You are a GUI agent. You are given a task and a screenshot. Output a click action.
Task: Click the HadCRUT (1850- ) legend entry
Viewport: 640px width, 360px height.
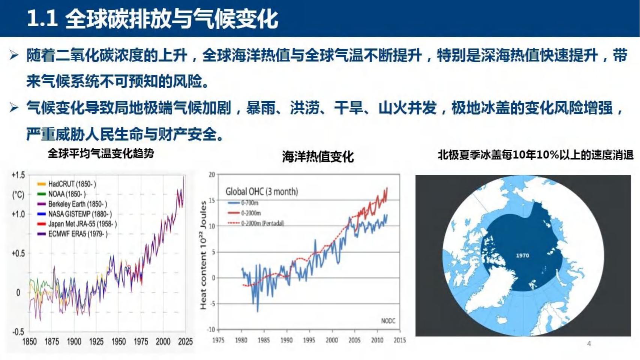pos(67,184)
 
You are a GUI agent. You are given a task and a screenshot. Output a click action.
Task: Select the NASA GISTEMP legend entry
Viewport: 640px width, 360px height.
pos(75,214)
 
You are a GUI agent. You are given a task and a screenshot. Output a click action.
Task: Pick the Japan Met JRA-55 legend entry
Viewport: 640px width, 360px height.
pos(77,224)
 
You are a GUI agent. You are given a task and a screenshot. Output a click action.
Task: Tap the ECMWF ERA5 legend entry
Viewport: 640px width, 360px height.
pos(73,234)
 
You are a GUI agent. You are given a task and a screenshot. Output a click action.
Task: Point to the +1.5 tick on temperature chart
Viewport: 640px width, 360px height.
pos(18,175)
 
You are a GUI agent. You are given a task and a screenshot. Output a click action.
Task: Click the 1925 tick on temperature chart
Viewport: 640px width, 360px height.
pos(96,342)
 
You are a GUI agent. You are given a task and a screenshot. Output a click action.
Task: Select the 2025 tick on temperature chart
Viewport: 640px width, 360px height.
pos(186,342)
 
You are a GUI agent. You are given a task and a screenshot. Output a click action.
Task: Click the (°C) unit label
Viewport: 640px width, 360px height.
pos(18,195)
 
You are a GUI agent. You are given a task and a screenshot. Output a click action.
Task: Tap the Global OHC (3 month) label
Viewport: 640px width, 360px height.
pos(262,191)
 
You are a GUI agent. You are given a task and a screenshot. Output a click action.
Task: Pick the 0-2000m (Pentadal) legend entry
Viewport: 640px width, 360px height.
pos(256,223)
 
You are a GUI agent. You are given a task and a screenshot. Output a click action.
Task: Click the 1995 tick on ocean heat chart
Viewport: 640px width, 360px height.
pos(309,340)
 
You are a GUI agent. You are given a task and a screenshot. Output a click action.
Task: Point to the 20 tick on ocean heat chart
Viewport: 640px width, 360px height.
pos(212,175)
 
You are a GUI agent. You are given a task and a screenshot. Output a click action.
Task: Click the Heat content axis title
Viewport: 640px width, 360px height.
pos(203,255)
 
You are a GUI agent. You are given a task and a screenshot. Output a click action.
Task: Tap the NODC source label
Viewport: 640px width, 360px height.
pos(388,321)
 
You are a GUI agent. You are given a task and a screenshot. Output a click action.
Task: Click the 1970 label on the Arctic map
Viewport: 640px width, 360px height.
pos(522,255)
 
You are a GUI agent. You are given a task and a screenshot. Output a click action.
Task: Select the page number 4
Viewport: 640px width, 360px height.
pos(589,343)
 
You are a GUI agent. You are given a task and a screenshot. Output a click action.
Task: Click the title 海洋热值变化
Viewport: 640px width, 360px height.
pos(318,157)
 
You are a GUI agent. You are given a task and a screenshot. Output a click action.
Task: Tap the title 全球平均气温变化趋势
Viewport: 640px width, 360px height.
pos(101,154)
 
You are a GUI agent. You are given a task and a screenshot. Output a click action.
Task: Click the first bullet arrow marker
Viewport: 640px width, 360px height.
pos(14,55)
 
